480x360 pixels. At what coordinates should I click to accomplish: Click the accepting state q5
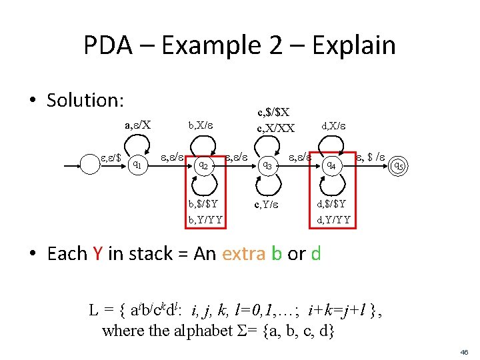point(397,164)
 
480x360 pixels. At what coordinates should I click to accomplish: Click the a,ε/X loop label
point(138,123)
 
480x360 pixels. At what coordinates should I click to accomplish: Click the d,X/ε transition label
point(334,124)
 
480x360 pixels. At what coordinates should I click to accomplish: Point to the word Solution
point(85,100)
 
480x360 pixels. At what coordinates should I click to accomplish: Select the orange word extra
point(246,253)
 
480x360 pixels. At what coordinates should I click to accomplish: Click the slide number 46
point(463,351)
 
